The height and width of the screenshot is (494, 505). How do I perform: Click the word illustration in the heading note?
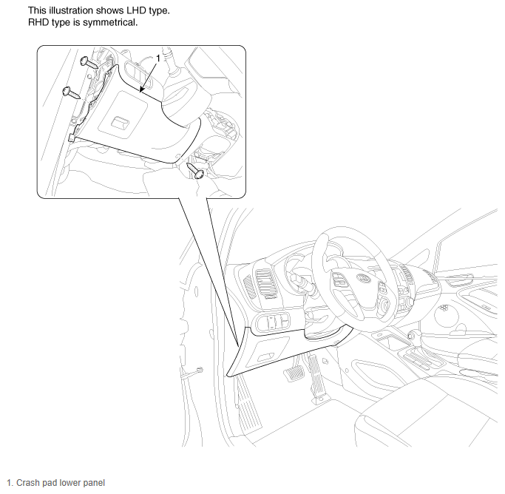point(68,10)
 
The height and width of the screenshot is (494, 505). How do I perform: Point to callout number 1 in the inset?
point(157,58)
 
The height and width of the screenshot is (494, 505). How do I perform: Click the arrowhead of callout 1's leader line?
point(141,89)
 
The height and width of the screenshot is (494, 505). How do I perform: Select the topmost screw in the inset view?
point(89,62)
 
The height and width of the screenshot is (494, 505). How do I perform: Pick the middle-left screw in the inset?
point(71,92)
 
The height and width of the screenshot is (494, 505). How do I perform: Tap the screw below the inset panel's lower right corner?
point(196,170)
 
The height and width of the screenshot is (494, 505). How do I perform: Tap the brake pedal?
point(294,373)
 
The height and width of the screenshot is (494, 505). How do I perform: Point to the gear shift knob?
point(411,336)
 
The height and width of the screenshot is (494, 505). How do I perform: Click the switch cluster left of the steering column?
point(273,321)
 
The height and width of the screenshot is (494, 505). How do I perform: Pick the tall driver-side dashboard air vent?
point(266,283)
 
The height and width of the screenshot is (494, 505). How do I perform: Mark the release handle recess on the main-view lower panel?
point(265,356)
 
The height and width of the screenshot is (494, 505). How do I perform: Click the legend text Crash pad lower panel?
point(61,483)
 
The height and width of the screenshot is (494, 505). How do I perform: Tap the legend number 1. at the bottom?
point(10,483)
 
